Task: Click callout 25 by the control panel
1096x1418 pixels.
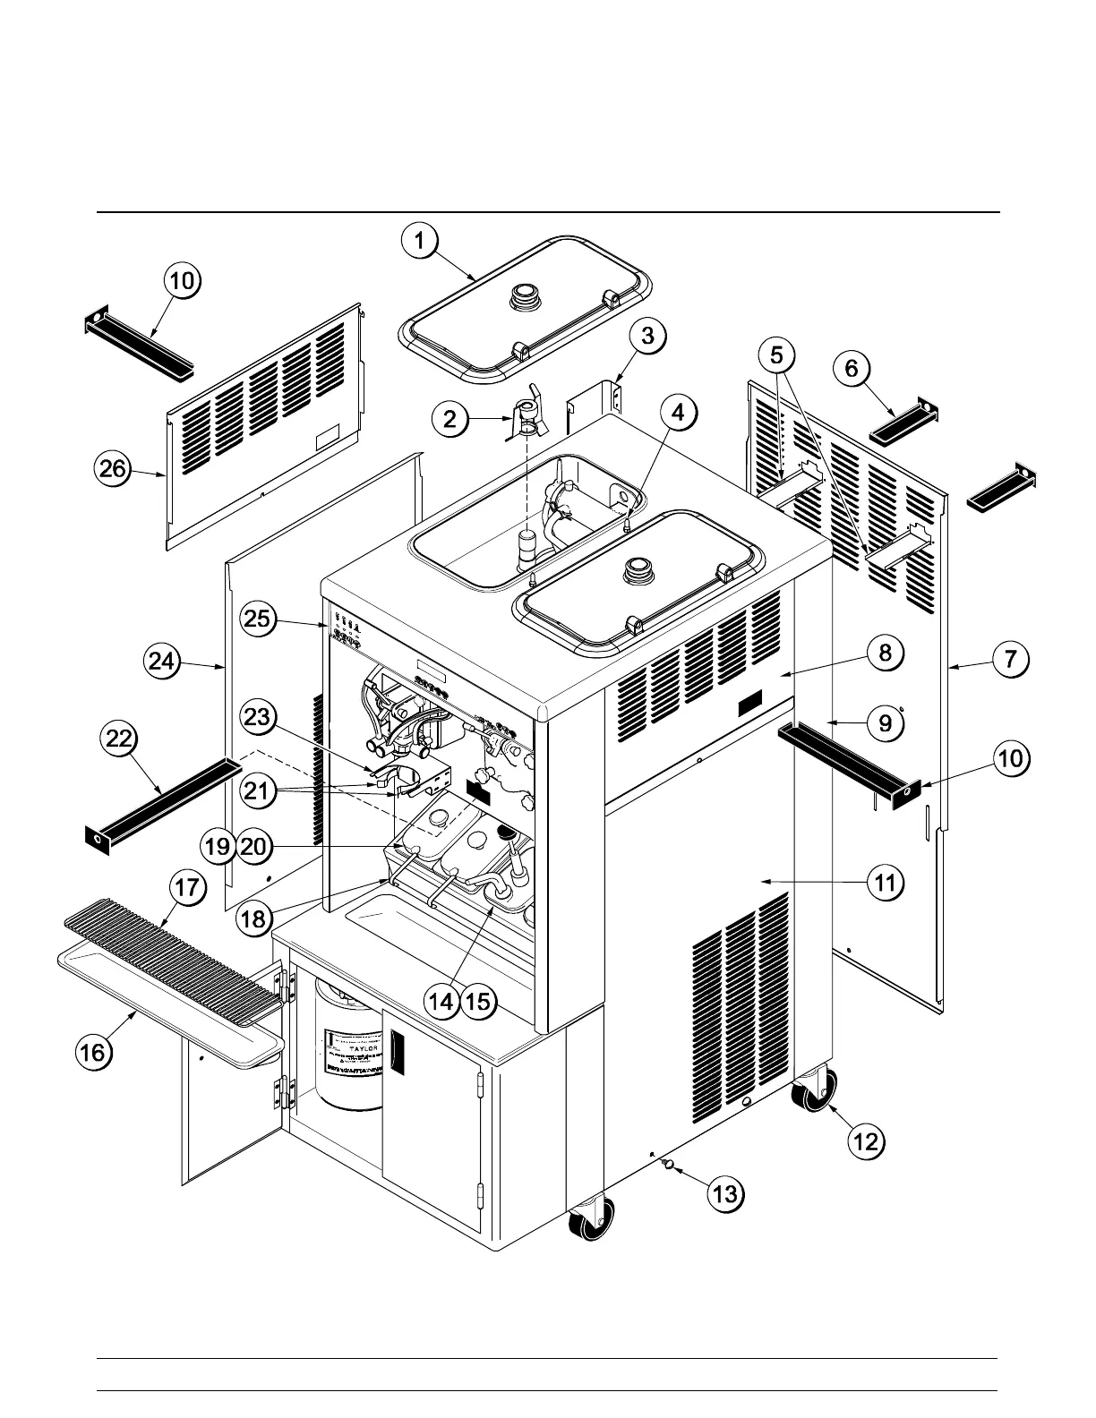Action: click(x=258, y=619)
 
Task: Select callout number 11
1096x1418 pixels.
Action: click(x=885, y=884)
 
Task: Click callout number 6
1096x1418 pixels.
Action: click(x=851, y=368)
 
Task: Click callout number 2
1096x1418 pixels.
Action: click(x=450, y=418)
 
